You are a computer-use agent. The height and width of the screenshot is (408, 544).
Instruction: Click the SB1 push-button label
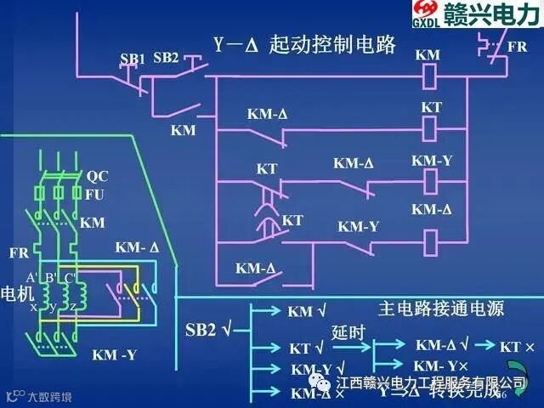(133, 59)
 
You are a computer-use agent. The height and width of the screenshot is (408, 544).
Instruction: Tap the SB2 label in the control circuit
(167, 58)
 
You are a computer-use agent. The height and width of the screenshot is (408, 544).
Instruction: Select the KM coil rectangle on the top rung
(430, 74)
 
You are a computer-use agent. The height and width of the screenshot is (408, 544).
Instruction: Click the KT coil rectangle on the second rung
(430, 127)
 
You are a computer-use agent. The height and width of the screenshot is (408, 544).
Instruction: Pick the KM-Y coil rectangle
(430, 179)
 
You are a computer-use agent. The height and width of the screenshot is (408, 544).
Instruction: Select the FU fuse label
(94, 195)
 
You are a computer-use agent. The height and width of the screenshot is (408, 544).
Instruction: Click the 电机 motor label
(14, 291)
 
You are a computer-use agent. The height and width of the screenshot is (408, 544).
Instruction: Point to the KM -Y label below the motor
(114, 354)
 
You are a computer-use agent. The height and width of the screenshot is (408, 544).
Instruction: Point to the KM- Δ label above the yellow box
(137, 248)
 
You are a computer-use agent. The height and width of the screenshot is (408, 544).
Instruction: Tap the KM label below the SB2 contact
(183, 130)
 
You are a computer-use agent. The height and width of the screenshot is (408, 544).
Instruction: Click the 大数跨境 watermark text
(49, 397)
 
